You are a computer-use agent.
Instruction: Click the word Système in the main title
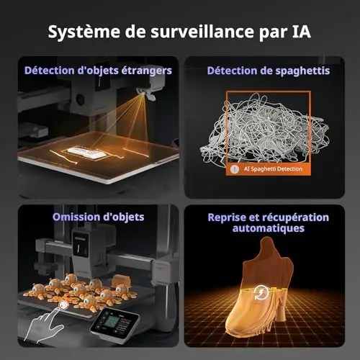[x=84, y=32]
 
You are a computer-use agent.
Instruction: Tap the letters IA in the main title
[x=301, y=31]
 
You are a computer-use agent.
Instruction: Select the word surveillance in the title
[x=202, y=31]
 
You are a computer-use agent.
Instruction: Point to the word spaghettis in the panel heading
[x=302, y=71]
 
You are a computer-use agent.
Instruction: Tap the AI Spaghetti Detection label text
[x=273, y=168]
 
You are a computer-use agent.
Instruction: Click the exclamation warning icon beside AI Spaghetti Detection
[x=234, y=169]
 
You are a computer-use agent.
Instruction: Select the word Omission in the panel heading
[x=76, y=217]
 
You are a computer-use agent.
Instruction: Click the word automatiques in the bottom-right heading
[x=269, y=228]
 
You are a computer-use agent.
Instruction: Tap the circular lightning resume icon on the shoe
[x=261, y=292]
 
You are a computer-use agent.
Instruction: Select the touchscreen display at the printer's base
[x=114, y=323]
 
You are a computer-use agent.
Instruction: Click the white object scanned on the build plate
[x=87, y=153]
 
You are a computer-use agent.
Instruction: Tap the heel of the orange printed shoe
[x=280, y=312]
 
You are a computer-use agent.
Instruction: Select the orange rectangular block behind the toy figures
[x=122, y=281]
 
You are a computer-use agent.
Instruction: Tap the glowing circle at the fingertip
[x=64, y=305]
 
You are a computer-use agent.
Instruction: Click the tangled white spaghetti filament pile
[x=265, y=130]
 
